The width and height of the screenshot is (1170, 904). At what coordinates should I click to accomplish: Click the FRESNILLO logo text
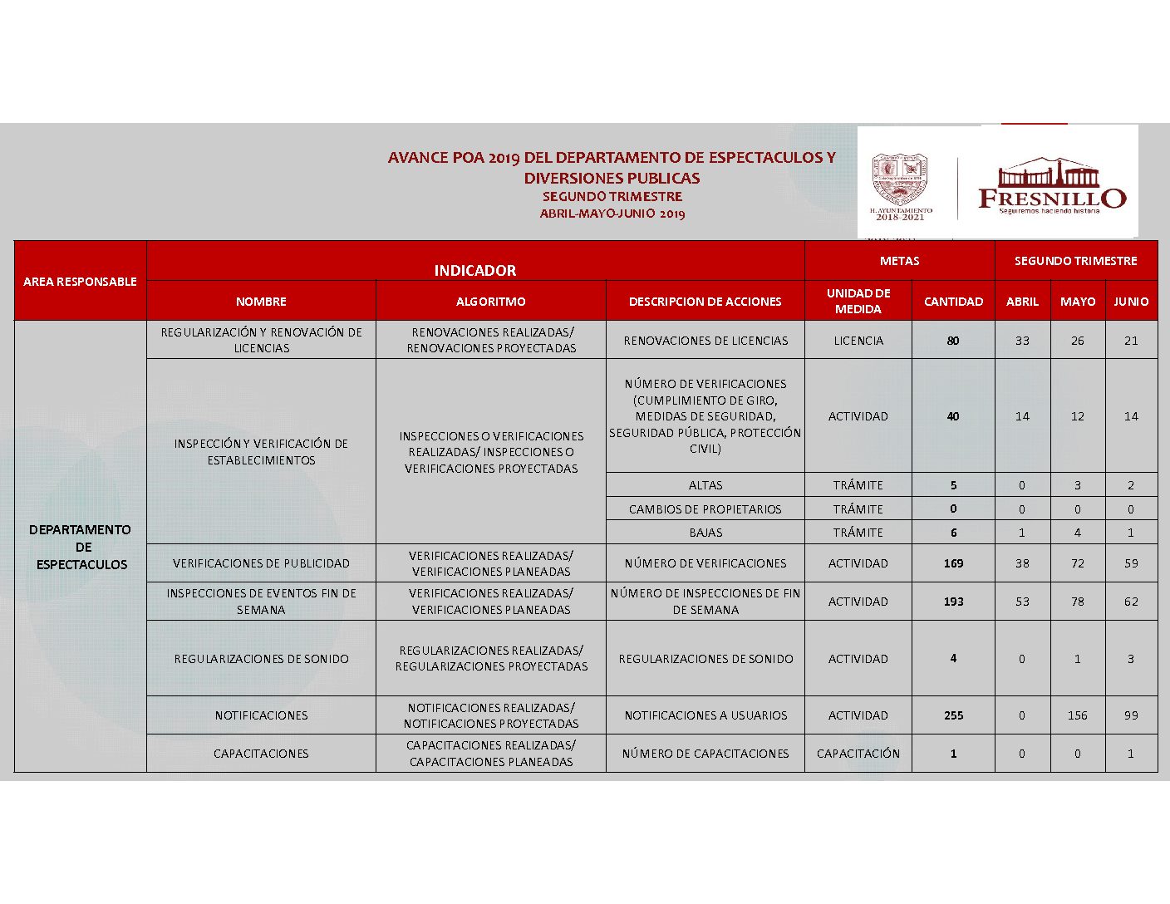1051,198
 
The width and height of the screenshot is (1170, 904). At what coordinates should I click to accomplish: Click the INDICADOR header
474,270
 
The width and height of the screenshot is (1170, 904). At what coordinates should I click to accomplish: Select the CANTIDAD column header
953,302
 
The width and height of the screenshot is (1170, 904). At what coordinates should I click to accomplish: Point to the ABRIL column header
1022,302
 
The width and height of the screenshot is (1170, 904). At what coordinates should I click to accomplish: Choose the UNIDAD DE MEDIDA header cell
858,301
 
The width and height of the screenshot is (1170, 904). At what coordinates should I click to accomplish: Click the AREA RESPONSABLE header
80,282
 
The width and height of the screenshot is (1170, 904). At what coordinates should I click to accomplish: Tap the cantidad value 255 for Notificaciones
953,715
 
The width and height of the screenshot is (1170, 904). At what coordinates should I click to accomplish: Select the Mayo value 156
1077,715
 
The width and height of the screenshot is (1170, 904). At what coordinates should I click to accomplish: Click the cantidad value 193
953,602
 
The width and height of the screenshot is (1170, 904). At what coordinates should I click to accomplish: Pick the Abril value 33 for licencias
1022,341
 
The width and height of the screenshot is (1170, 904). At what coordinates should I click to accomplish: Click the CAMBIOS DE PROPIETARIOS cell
705,509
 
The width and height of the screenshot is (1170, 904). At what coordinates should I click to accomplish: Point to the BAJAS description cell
705,533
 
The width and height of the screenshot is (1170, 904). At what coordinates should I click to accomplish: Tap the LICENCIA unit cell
858,341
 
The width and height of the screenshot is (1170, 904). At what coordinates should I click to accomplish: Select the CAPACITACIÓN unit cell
858,754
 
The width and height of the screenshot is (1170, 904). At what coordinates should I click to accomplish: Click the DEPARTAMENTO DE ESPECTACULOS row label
81,547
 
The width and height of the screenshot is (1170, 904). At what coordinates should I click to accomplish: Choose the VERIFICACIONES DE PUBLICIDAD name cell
261,563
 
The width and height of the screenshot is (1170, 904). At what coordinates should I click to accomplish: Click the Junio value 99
1130,715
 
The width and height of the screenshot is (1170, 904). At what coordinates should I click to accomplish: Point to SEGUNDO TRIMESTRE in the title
612,197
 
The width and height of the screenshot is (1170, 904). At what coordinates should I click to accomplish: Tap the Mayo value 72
1077,563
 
